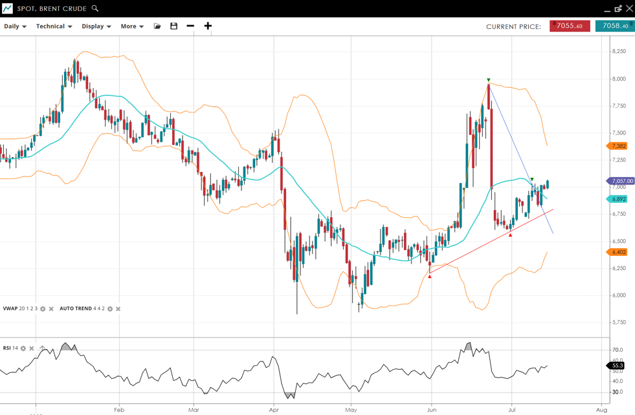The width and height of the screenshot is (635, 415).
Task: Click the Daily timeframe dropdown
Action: [x=15, y=27]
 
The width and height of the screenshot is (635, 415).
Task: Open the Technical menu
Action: [x=54, y=27]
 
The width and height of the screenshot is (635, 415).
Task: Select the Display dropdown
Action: [x=96, y=27]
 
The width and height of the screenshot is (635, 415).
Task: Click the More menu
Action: [x=132, y=27]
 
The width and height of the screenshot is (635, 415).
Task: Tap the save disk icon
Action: [x=173, y=27]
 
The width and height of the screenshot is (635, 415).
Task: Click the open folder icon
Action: [x=157, y=27]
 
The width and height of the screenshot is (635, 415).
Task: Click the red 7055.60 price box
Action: [x=570, y=26]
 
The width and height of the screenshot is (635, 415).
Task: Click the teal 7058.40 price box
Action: [x=614, y=26]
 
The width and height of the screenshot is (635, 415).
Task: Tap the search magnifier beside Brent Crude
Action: [x=95, y=8]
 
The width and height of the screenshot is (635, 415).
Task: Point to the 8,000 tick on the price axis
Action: [x=619, y=79]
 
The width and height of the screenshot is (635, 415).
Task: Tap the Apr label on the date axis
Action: [x=274, y=409]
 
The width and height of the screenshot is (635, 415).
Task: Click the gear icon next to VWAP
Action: [x=43, y=309]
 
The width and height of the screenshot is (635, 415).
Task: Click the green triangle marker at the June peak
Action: [x=489, y=80]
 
